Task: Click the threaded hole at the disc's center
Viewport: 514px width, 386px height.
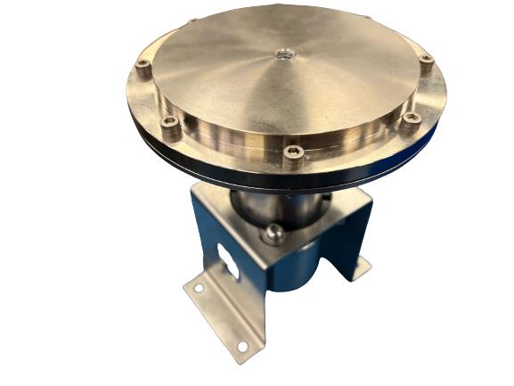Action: pos(282,54)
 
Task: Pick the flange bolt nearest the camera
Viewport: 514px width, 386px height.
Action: pos(293,152)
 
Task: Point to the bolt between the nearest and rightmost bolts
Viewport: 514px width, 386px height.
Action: pos(412,118)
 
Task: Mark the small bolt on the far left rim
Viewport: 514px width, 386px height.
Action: pos(192,21)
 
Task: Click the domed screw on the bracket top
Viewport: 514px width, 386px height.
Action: pos(274,234)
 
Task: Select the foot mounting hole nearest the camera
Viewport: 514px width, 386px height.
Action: pos(241,347)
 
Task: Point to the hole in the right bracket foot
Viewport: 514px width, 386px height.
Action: pos(361,264)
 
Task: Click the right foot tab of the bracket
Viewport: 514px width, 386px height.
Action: pos(360,267)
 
